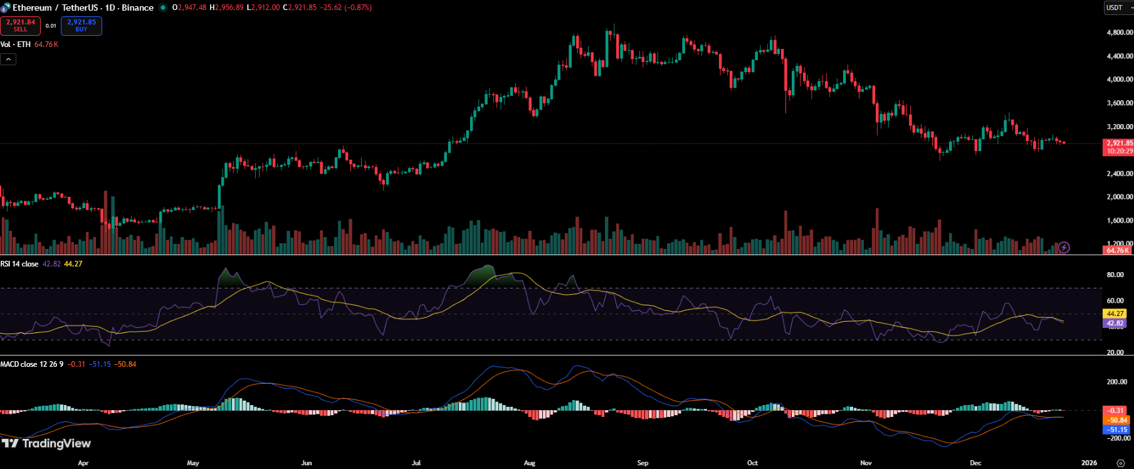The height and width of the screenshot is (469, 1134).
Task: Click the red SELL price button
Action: tap(21, 26)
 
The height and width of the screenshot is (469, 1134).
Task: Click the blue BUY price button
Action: tap(81, 26)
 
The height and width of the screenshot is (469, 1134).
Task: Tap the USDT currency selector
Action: tap(1118, 8)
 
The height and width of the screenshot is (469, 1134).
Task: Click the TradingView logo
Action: tap(46, 443)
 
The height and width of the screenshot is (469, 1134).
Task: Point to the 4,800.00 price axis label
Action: tap(1119, 33)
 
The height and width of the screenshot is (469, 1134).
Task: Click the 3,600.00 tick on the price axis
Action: tap(1119, 103)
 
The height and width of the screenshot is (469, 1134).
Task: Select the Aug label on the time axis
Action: tap(530, 463)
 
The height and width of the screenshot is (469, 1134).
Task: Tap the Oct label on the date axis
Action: tap(752, 463)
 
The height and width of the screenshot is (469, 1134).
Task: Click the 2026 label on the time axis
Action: tap(1089, 463)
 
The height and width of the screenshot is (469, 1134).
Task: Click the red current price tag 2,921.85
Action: tap(1118, 144)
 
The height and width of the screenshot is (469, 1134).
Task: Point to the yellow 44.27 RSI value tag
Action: tap(1115, 314)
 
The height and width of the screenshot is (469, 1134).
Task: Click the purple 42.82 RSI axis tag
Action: tap(1115, 324)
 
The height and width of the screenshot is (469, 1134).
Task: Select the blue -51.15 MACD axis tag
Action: tap(1117, 429)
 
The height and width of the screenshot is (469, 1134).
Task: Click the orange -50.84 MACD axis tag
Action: tap(1117, 420)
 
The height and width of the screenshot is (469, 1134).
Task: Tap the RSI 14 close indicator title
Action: tap(19, 264)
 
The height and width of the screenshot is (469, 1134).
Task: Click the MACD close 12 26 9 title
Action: tap(31, 364)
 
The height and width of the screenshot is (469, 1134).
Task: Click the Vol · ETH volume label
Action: tap(16, 45)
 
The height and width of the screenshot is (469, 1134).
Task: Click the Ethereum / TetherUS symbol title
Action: tap(83, 8)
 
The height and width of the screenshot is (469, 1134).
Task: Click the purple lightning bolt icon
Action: tap(1064, 248)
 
